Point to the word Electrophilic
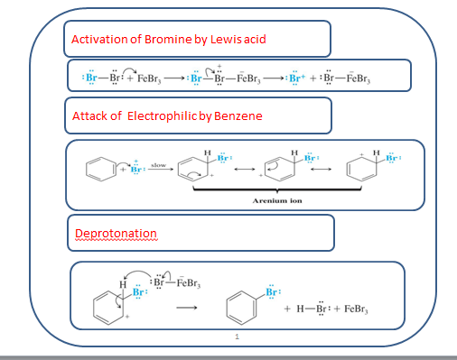(x=158, y=115)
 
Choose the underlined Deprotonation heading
(x=116, y=234)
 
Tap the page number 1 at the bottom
(x=235, y=337)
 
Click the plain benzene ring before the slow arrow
(x=96, y=170)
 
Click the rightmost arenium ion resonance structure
(x=365, y=171)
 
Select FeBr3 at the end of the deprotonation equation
(x=361, y=309)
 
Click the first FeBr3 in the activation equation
(x=145, y=77)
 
